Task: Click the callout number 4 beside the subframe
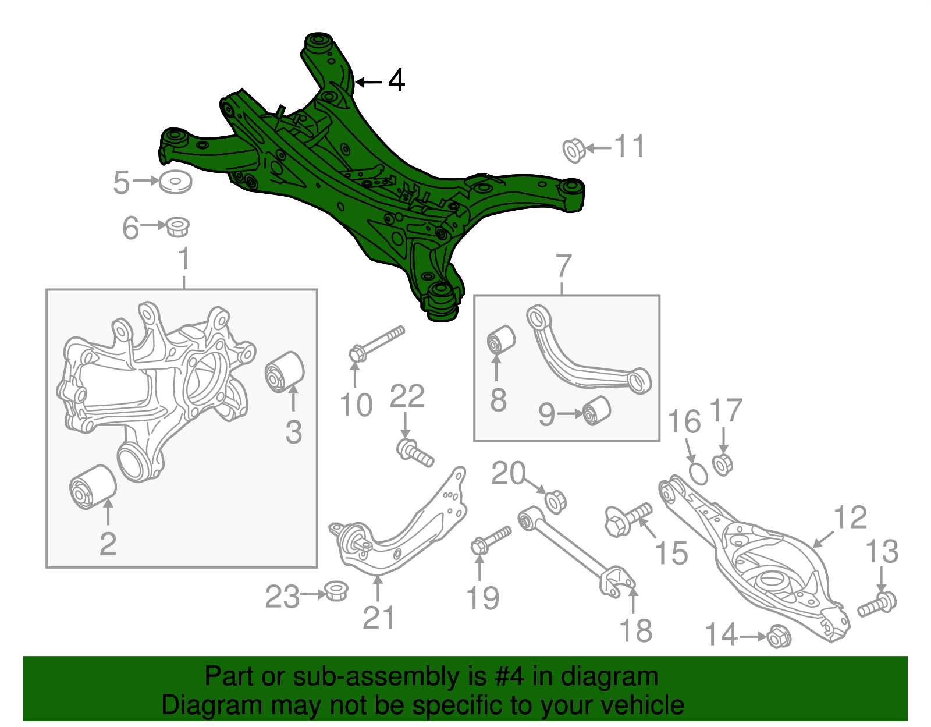(396, 80)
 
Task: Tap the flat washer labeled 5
(175, 182)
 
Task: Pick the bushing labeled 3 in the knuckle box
(285, 371)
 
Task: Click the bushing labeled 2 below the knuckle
(93, 487)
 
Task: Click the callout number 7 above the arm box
(564, 267)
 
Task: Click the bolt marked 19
(491, 539)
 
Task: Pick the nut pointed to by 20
(555, 501)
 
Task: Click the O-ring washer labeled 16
(698, 473)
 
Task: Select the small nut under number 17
(722, 464)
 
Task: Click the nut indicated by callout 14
(777, 636)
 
